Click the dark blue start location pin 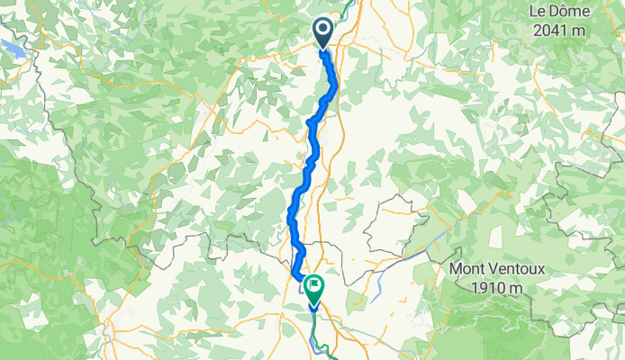point(323,33)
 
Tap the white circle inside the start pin point(323,30)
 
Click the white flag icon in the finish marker point(314,287)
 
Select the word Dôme point(571,12)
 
